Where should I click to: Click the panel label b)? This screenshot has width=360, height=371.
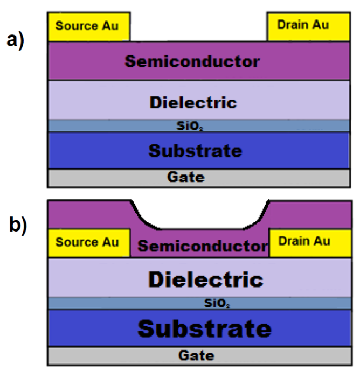(x=18, y=225)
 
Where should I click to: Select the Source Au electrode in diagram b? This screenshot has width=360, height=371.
(x=89, y=243)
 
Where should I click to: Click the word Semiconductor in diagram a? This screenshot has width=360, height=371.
(x=192, y=61)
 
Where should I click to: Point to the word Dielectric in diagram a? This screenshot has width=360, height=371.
(x=193, y=101)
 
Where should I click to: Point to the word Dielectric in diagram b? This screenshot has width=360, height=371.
(x=206, y=280)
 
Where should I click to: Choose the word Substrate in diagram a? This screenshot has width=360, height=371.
(x=195, y=151)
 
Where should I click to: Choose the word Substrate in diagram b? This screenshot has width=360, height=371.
(x=204, y=328)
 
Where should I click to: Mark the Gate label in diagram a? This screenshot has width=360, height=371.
(x=186, y=177)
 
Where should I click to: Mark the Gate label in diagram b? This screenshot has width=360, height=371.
(x=196, y=355)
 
